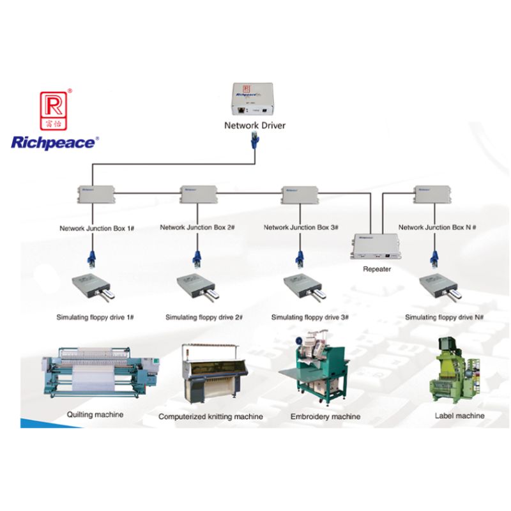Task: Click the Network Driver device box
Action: coord(254,100)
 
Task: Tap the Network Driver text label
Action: coord(254,125)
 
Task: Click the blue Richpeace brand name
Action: coord(54,142)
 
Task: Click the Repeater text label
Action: coord(376,269)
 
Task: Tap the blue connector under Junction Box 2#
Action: coord(197,259)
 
